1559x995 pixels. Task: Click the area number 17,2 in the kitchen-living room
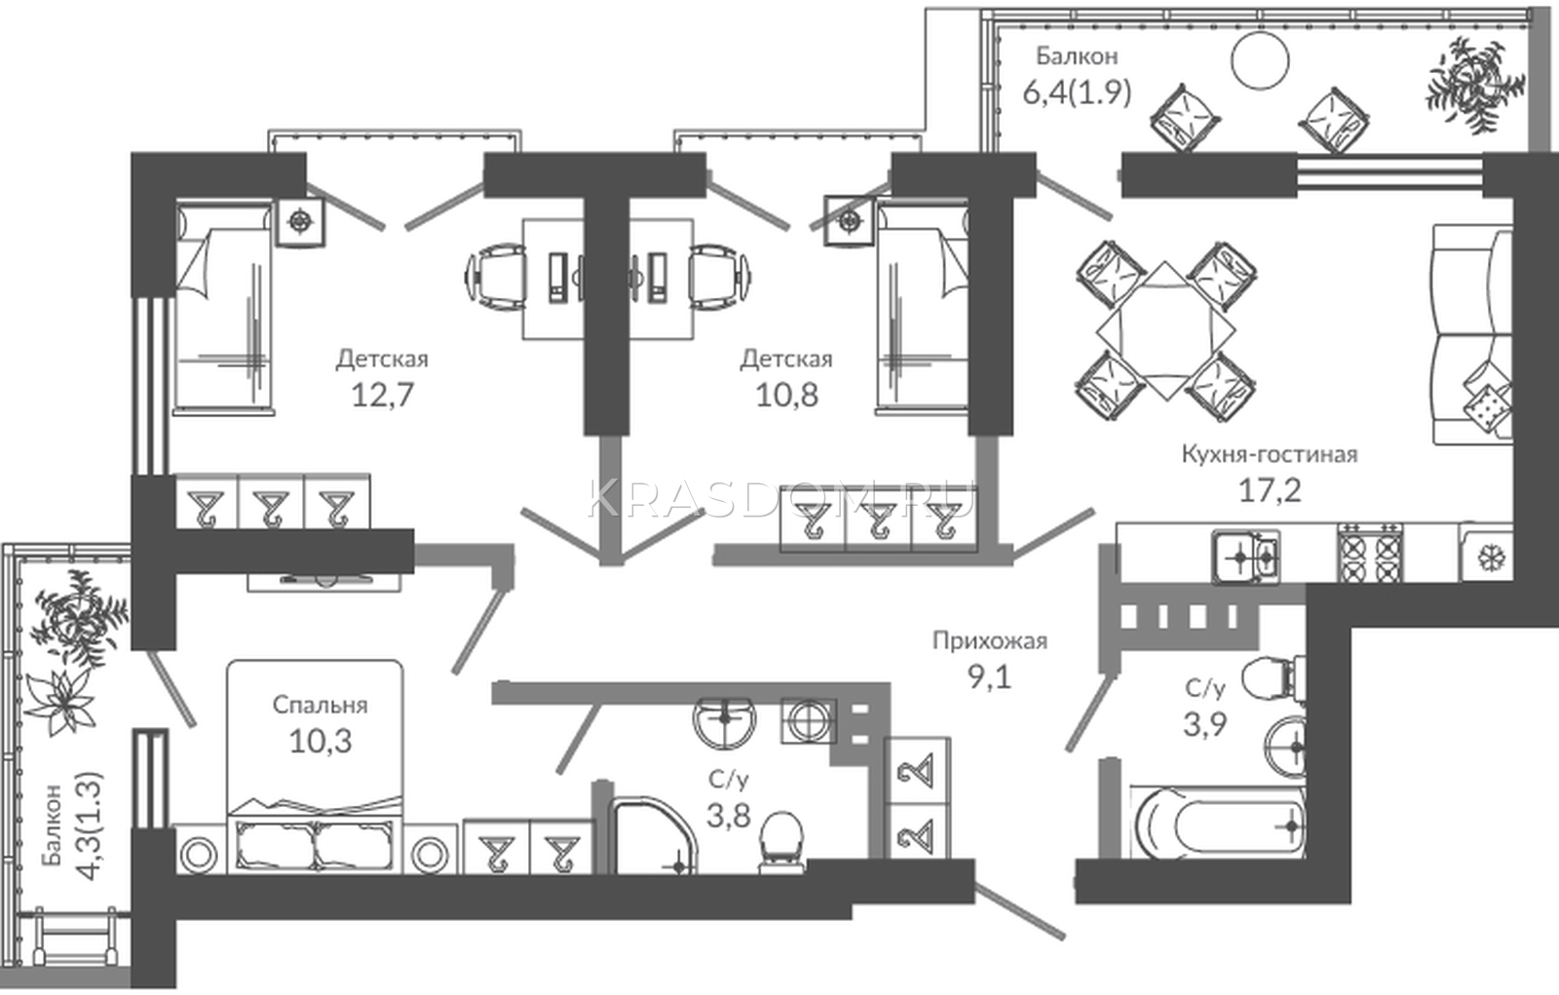1270,491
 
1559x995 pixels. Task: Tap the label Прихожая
990,640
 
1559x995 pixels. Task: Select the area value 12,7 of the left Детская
383,395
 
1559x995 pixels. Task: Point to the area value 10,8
786,395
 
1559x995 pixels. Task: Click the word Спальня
320,705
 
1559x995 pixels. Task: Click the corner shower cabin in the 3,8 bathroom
653,835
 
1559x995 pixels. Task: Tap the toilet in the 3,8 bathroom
780,843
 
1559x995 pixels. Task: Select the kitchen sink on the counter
1245,556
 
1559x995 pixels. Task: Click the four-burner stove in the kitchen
1369,553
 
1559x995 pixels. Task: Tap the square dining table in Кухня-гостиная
1166,330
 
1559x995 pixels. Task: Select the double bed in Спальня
316,767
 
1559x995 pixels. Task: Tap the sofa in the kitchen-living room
1472,334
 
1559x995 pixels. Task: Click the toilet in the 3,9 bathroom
1273,675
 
